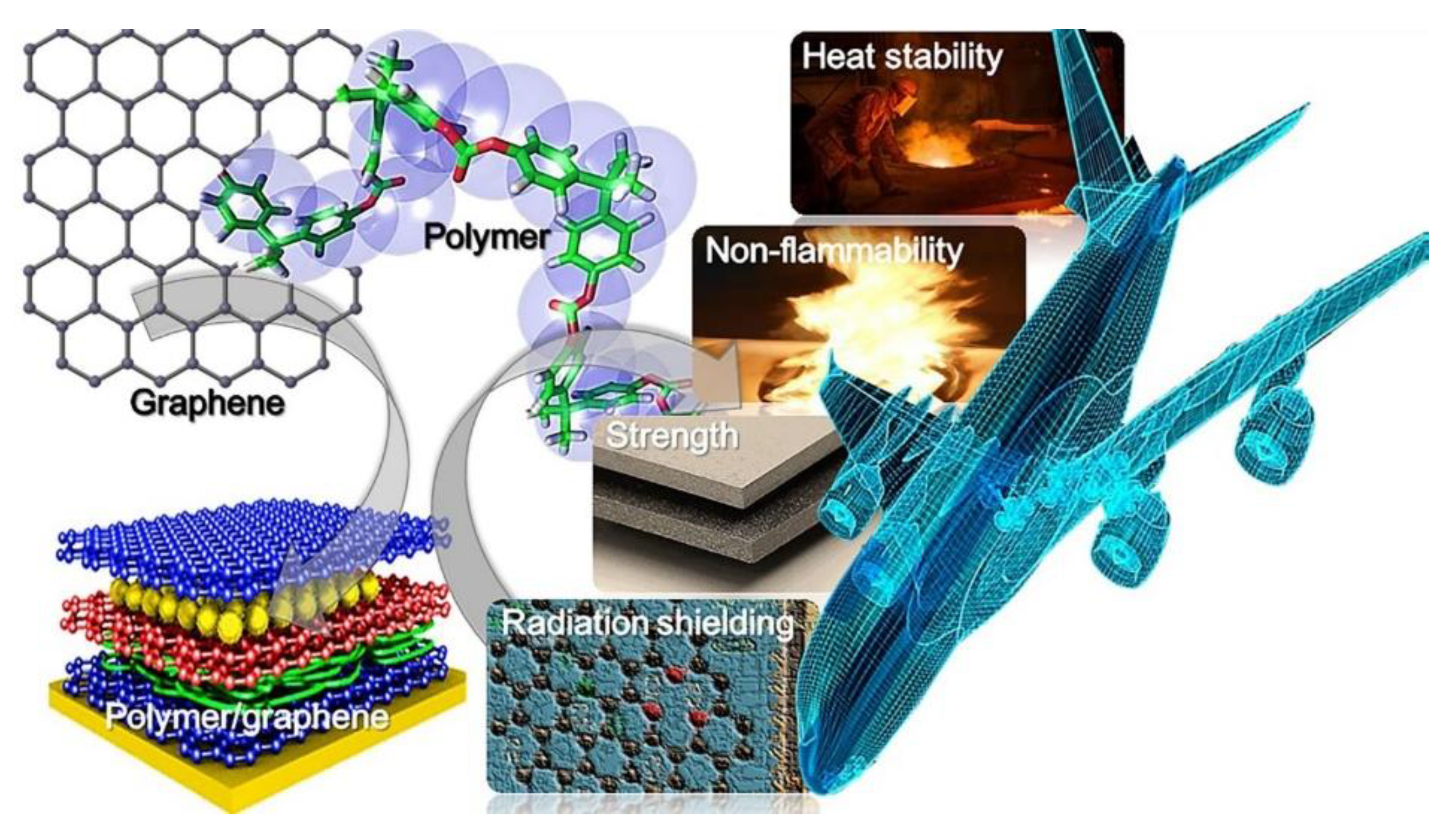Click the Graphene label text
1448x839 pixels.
click(x=207, y=404)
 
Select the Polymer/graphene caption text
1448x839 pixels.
click(x=247, y=716)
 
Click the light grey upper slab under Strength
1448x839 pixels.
click(x=719, y=471)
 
